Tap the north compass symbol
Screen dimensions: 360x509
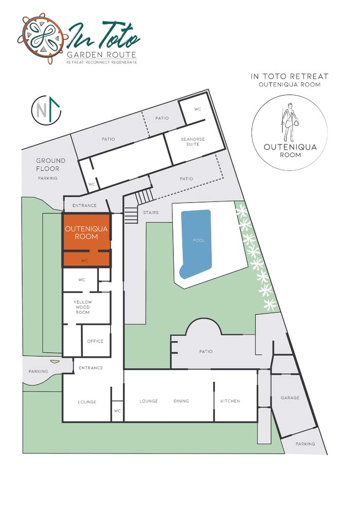(46, 111)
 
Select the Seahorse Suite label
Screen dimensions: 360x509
(193, 141)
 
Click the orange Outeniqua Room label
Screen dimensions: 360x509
(86, 233)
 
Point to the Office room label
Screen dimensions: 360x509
(95, 341)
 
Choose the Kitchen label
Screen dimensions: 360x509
(230, 401)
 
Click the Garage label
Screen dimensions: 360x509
(290, 397)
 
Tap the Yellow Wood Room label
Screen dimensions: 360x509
(82, 307)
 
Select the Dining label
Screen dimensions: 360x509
(181, 401)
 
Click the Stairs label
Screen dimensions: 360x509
(151, 213)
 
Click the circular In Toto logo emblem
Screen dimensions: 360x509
(43, 38)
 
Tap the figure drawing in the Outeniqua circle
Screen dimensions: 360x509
(290, 121)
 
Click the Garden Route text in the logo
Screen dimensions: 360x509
(101, 55)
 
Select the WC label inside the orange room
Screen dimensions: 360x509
(84, 261)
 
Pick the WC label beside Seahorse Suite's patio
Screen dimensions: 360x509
(197, 109)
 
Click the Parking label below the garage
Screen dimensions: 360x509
(305, 443)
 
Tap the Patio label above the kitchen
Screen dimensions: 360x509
(206, 351)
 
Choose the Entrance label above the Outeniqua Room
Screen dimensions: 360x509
(84, 206)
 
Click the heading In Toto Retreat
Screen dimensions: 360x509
(290, 77)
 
